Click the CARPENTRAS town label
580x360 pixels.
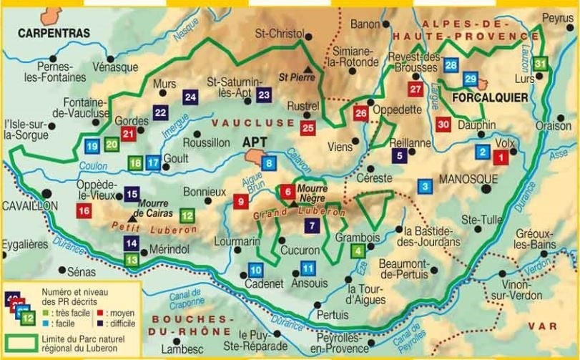54,33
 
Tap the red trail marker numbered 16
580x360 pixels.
84,210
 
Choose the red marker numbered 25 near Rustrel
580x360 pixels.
308,128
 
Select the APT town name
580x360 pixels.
255,142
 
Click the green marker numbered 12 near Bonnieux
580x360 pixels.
187,214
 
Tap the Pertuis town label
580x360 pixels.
332,315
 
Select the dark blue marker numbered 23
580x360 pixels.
264,94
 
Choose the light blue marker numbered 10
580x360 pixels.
255,270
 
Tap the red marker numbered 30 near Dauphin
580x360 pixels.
443,125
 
